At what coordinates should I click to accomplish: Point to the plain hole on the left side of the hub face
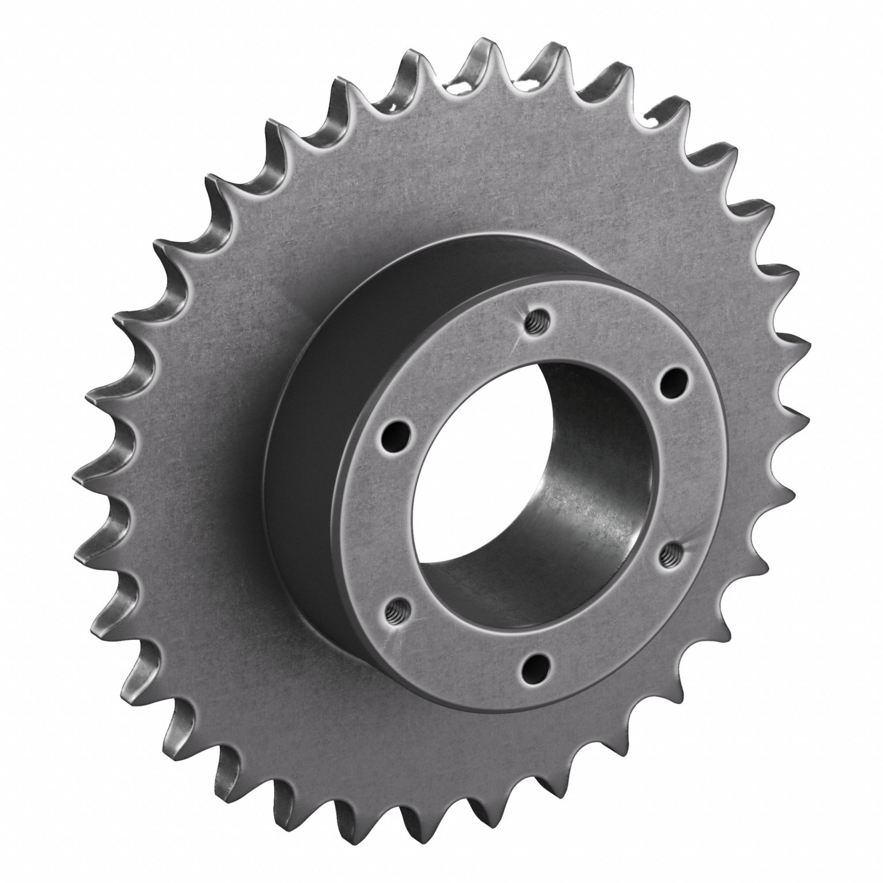[x=394, y=432]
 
